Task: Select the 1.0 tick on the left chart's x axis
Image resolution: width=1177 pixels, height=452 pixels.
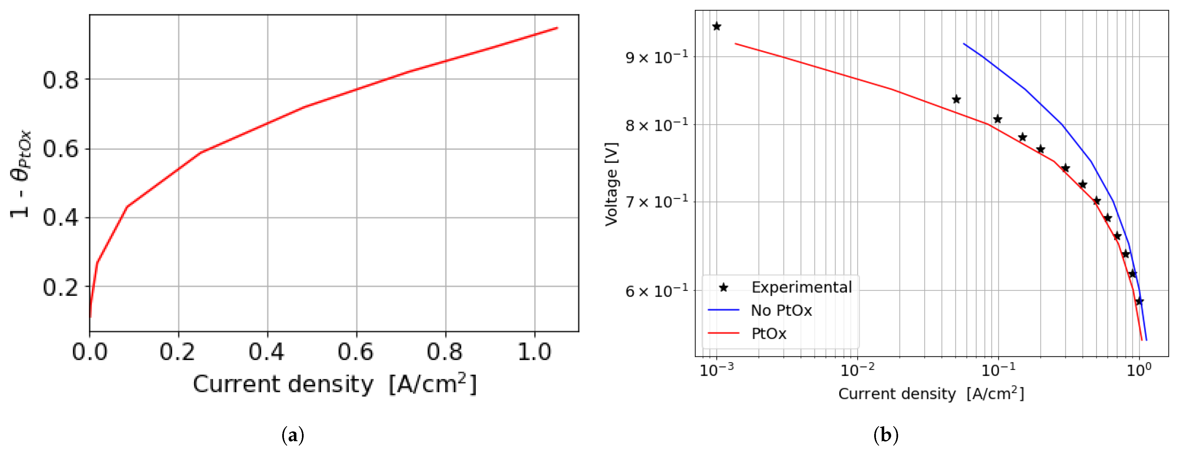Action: (534, 352)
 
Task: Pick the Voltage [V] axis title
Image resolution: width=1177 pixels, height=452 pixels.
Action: (611, 184)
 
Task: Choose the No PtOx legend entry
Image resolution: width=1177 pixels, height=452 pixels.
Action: (781, 311)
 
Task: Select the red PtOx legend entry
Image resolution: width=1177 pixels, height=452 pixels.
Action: (769, 334)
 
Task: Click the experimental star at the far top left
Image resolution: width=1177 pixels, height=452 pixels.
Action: (717, 26)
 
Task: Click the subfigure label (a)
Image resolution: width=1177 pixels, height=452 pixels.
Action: (293, 435)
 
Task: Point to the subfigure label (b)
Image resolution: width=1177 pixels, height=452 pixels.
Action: (886, 435)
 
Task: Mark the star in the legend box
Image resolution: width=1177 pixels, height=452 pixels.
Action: (723, 287)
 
